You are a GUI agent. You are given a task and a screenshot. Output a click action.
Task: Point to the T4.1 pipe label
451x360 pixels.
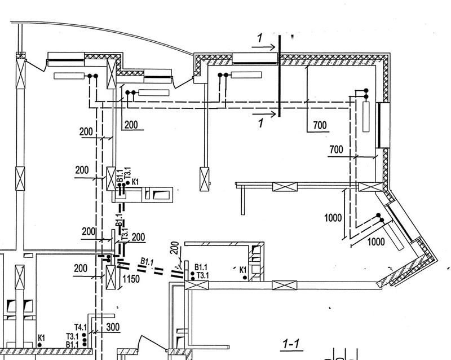click(x=80, y=327)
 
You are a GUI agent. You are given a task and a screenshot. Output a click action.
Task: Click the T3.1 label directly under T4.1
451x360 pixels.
click(x=73, y=336)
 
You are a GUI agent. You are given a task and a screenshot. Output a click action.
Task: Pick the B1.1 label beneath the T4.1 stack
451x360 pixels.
click(x=73, y=344)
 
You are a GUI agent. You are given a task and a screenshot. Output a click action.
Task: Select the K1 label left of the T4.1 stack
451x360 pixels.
click(x=41, y=338)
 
